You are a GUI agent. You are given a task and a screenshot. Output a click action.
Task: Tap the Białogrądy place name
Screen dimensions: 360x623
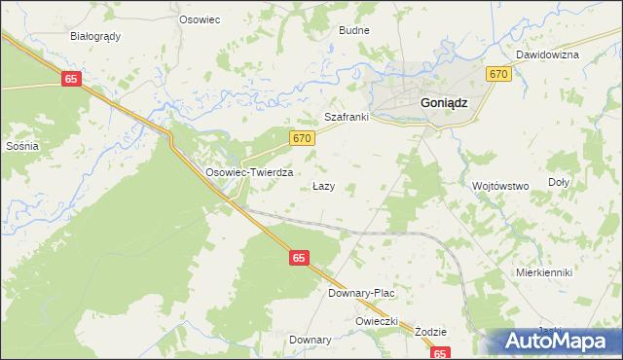(x=95, y=36)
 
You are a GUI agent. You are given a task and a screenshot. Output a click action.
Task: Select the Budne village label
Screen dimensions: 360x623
(x=353, y=30)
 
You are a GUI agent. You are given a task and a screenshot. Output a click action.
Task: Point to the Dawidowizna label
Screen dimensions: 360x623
(x=547, y=54)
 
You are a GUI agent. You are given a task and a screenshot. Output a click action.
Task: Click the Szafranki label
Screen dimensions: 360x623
(x=346, y=117)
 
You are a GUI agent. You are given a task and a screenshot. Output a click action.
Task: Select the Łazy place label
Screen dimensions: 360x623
(x=324, y=185)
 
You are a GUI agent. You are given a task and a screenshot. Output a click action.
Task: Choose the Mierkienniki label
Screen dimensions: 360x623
(x=544, y=272)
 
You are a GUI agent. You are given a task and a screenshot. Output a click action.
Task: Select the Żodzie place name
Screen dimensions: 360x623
(x=428, y=331)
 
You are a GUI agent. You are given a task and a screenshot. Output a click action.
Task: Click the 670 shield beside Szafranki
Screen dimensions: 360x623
(x=302, y=139)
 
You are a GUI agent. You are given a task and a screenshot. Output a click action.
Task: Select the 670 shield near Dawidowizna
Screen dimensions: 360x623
(x=499, y=74)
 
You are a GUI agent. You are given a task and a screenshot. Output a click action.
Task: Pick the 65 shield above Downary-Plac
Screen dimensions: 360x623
(x=299, y=258)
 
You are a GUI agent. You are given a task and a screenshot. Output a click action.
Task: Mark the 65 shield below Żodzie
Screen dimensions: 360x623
(x=441, y=354)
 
